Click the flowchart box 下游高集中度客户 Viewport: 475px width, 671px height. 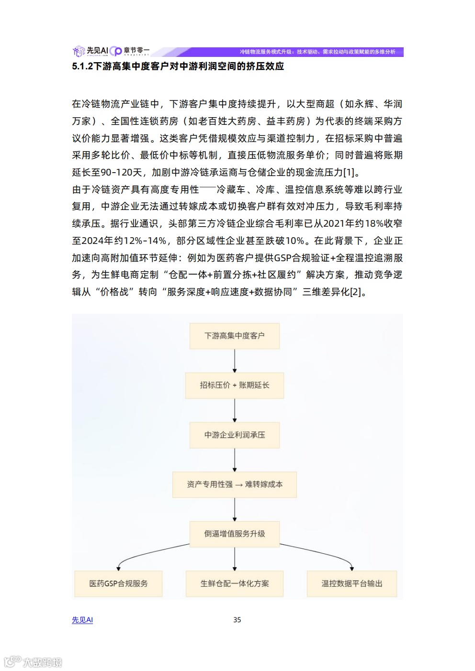[x=234, y=336]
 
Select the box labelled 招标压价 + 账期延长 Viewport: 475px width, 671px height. [x=234, y=385]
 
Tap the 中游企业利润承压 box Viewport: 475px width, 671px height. [x=234, y=435]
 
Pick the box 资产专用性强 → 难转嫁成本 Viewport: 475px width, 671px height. [x=234, y=484]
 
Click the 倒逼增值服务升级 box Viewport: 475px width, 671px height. [x=234, y=534]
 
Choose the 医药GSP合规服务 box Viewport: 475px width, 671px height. [x=118, y=583]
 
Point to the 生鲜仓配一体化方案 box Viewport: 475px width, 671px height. [x=234, y=583]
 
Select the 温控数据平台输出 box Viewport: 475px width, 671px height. [x=352, y=583]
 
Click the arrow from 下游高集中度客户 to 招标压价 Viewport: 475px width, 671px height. [x=235, y=361]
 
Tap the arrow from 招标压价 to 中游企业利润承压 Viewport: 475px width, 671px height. [x=235, y=410]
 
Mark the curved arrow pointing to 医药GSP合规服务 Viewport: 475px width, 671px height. [x=144, y=553]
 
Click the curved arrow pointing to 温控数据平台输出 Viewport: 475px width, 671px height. [x=326, y=553]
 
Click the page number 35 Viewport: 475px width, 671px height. [x=237, y=620]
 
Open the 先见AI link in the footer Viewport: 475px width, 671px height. [x=82, y=620]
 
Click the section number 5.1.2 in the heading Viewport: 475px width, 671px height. [x=82, y=66]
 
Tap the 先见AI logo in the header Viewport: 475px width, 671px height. [x=91, y=51]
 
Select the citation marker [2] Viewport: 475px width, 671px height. [x=356, y=292]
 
